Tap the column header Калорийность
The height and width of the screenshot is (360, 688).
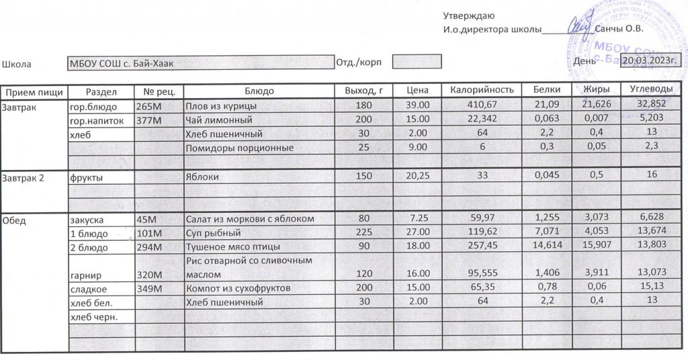click(482, 90)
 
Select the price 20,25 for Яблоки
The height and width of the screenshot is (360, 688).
click(418, 177)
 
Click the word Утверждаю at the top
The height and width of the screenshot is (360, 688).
click(469, 15)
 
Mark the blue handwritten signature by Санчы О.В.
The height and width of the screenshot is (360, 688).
click(578, 28)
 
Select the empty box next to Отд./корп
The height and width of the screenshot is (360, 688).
click(417, 62)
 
